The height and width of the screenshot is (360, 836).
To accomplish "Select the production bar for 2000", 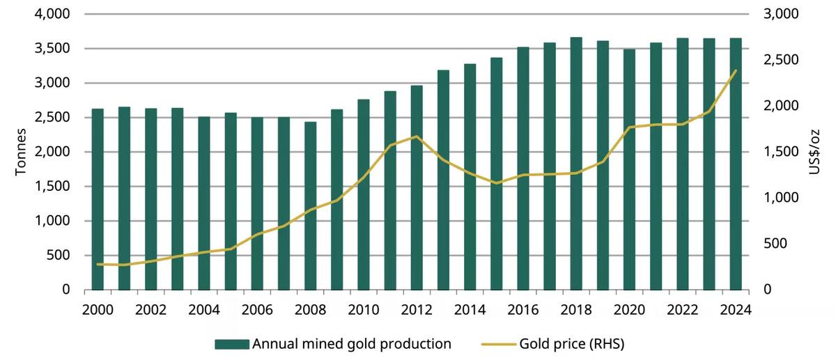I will (98, 202).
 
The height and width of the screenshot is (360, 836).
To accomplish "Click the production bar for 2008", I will (311, 209).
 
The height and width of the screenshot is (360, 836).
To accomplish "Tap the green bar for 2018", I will (576, 167).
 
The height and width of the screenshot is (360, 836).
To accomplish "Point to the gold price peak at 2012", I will (417, 136).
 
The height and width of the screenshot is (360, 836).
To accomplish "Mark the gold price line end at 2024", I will (735, 71).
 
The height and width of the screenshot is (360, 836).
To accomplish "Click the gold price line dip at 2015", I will (496, 183).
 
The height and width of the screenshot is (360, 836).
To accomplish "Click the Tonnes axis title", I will (20, 152).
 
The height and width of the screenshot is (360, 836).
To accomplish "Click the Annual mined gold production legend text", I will (351, 343).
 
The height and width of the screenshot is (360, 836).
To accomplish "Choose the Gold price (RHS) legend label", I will (566, 343).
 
